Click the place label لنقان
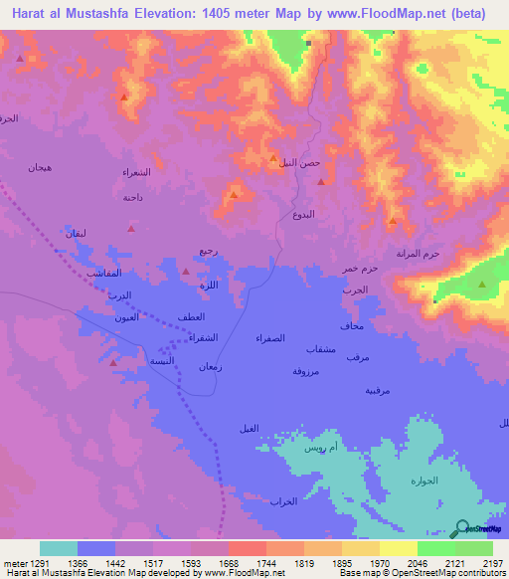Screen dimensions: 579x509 pos(77,233)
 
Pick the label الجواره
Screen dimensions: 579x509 pos(424,481)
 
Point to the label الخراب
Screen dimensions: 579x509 pos(284,500)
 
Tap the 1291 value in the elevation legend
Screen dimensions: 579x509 pos(27,563)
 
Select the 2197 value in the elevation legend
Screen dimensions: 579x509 pos(491,563)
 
